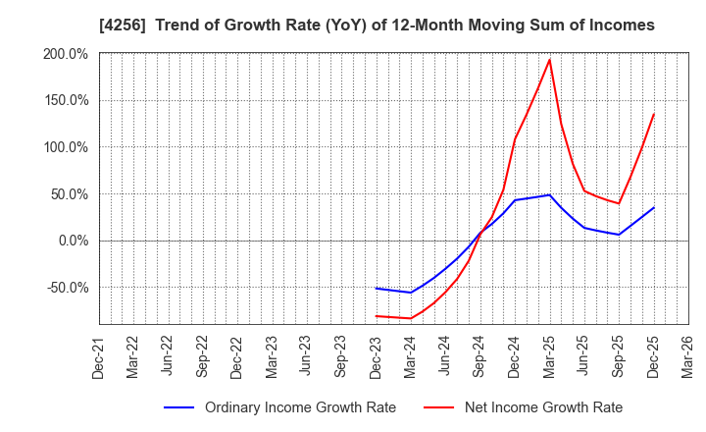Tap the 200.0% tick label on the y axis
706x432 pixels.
(67, 54)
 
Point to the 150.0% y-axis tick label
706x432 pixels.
(67, 100)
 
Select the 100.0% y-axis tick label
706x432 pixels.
(67, 147)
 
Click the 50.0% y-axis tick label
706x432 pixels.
(71, 193)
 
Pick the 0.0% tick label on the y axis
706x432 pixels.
(74, 241)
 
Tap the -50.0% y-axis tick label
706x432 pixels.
(69, 288)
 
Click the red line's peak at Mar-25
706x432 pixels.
(549, 60)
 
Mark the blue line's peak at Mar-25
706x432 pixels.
(549, 194)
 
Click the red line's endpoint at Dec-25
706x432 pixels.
(653, 114)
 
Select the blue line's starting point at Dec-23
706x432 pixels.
(377, 288)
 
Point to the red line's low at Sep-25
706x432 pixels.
(619, 203)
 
